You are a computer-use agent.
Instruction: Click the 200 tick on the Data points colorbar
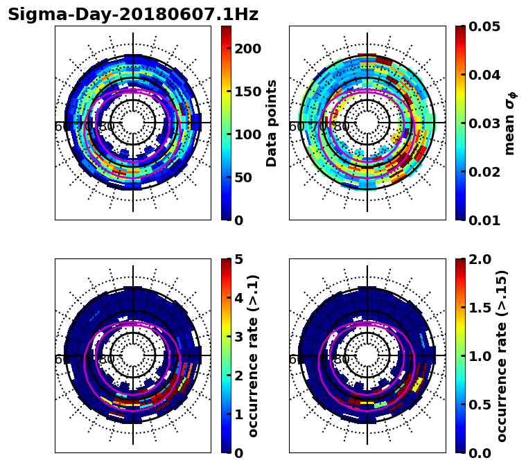click(x=247, y=49)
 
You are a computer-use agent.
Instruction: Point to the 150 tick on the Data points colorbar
click(x=247, y=91)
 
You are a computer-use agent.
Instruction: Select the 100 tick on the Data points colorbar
click(x=247, y=134)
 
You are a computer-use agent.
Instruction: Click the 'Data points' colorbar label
click(x=272, y=123)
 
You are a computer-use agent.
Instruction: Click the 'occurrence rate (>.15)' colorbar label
click(x=502, y=355)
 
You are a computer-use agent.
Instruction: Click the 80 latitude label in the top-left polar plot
click(x=107, y=127)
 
